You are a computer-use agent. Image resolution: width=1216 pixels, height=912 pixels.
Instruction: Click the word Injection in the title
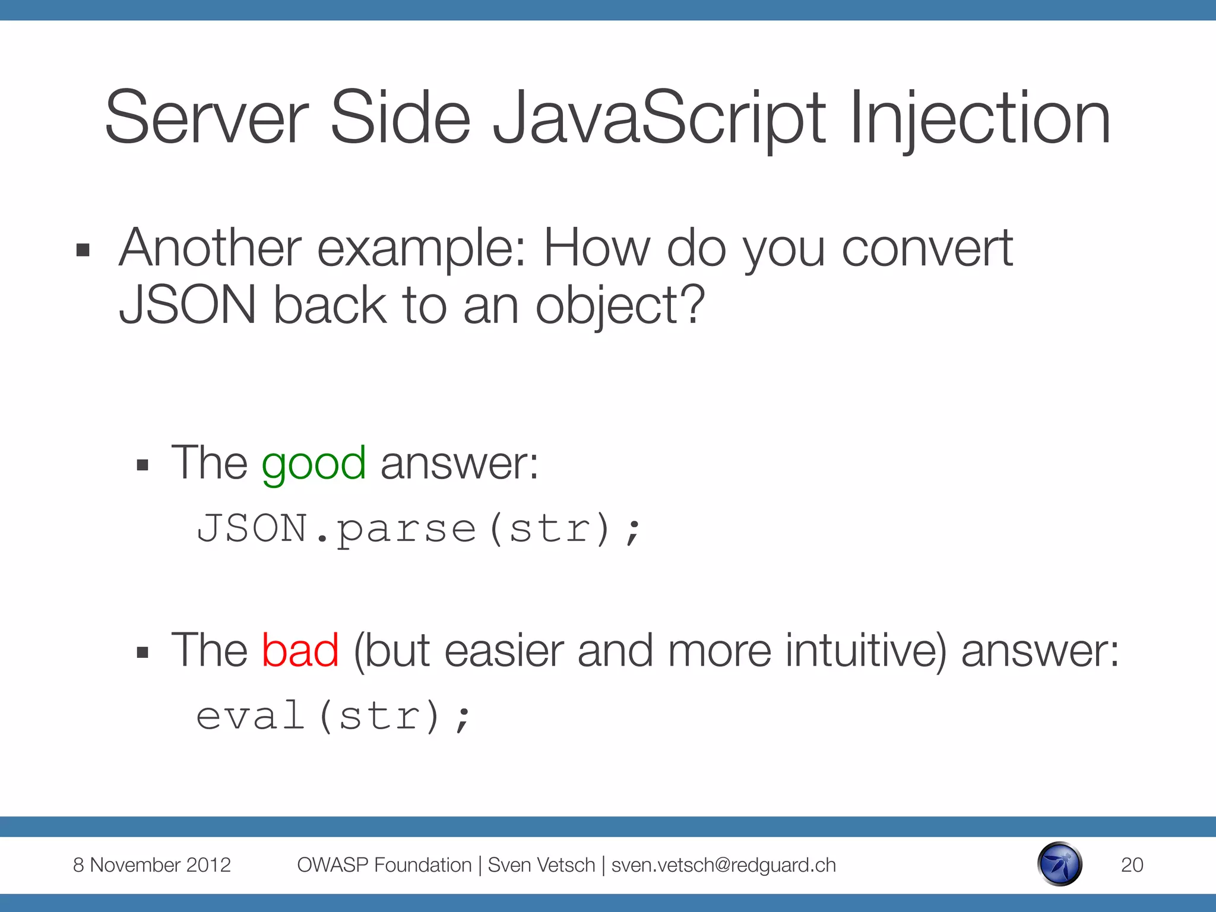click(980, 119)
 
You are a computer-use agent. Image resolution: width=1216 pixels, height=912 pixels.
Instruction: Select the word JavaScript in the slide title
click(659, 119)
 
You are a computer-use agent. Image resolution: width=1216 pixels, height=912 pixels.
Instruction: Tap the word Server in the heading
click(207, 119)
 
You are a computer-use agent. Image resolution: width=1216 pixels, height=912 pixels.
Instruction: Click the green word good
click(313, 464)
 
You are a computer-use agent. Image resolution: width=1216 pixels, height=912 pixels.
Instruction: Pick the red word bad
click(300, 651)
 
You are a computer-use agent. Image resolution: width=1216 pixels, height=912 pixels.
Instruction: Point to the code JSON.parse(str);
click(419, 528)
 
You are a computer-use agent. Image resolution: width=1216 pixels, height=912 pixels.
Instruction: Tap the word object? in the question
click(620, 306)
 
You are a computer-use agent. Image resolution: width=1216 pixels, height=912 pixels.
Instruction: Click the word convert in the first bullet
click(927, 249)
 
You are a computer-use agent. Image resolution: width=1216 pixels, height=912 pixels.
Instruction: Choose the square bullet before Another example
click(83, 251)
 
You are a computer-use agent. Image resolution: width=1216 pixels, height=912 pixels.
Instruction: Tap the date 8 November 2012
click(151, 865)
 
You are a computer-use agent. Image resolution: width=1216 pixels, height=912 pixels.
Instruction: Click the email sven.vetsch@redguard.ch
click(723, 865)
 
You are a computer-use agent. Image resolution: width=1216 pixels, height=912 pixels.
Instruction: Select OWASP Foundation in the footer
click(384, 865)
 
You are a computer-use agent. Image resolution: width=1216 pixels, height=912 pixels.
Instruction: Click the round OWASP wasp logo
click(1060, 864)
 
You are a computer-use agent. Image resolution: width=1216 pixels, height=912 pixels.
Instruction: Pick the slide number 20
click(1132, 865)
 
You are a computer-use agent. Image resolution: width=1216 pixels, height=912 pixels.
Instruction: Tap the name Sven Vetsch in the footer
click(541, 865)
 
